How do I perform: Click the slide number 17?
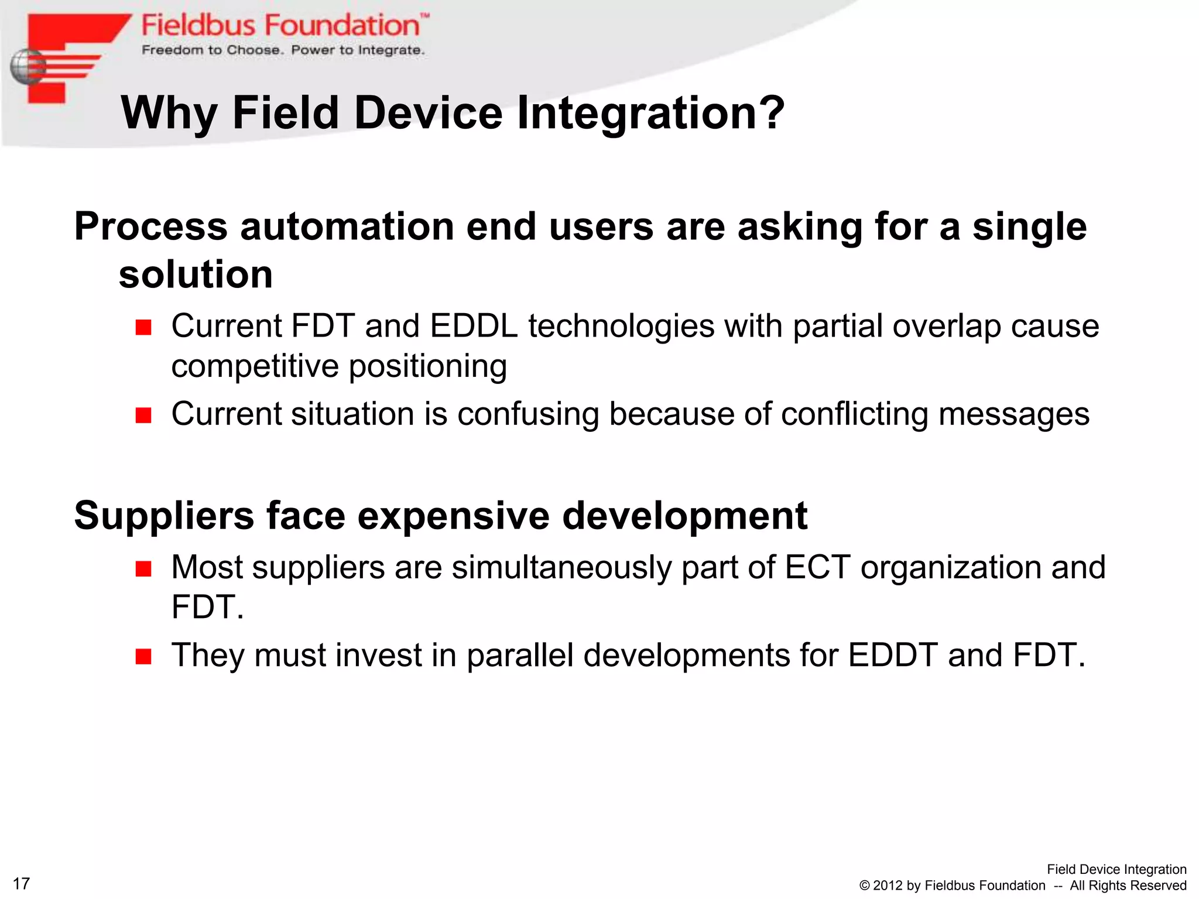21,883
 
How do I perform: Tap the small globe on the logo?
27,67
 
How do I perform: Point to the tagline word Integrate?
390,50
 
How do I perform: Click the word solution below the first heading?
196,274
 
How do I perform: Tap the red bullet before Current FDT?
143,327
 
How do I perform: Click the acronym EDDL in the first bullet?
473,325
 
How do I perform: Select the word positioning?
427,366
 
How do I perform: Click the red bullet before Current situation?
143,416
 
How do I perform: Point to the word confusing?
527,414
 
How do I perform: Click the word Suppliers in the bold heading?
164,515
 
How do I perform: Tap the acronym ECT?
817,567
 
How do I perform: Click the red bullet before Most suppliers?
143,568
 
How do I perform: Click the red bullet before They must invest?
143,656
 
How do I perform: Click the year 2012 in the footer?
888,886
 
